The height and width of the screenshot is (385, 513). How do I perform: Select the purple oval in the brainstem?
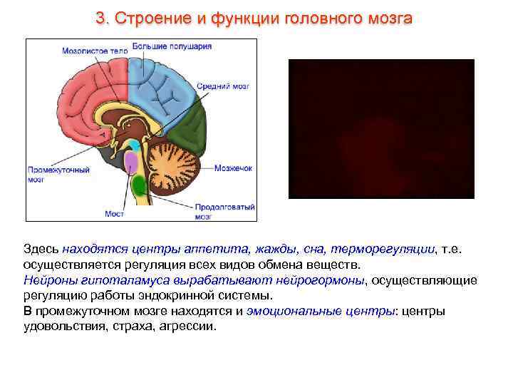click(131, 163)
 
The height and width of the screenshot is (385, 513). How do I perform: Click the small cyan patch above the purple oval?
click(133, 145)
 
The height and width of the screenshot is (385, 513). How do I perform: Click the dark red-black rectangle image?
click(380, 128)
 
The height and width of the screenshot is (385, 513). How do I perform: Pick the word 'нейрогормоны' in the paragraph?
click(323, 280)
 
